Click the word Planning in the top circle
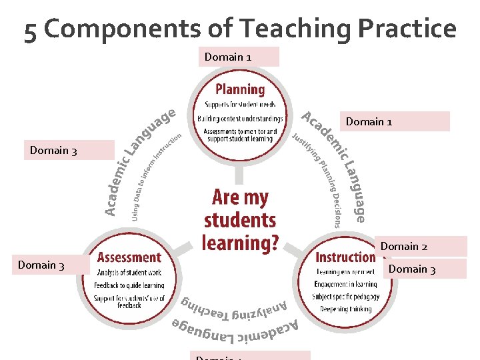[x=239, y=89]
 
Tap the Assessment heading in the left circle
[x=129, y=257]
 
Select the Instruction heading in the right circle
[x=345, y=257]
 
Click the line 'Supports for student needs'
[x=239, y=105]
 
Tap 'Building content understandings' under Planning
[x=239, y=119]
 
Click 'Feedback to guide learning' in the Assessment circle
[x=129, y=284]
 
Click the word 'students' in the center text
[x=240, y=220]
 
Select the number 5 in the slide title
[x=31, y=31]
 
